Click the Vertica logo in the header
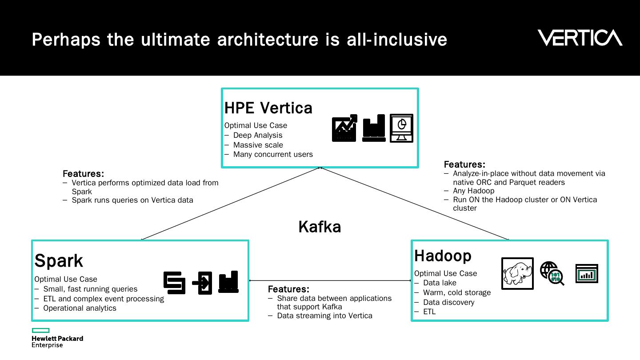[580, 38]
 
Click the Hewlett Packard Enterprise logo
[57, 338]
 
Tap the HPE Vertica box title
[268, 108]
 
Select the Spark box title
[59, 260]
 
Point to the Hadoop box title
[443, 256]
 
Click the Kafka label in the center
[320, 227]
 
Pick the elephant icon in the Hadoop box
[517, 273]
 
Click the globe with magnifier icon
[552, 273]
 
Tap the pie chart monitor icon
[401, 128]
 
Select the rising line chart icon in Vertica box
[344, 128]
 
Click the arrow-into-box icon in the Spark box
[202, 283]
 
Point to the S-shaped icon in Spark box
[174, 283]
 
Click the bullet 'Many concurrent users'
[273, 154]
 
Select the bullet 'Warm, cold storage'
[457, 292]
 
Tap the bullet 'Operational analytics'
[80, 308]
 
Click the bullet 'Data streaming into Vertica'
[324, 316]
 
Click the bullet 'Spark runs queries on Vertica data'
[132, 200]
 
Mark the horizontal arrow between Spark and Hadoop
[330, 280]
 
